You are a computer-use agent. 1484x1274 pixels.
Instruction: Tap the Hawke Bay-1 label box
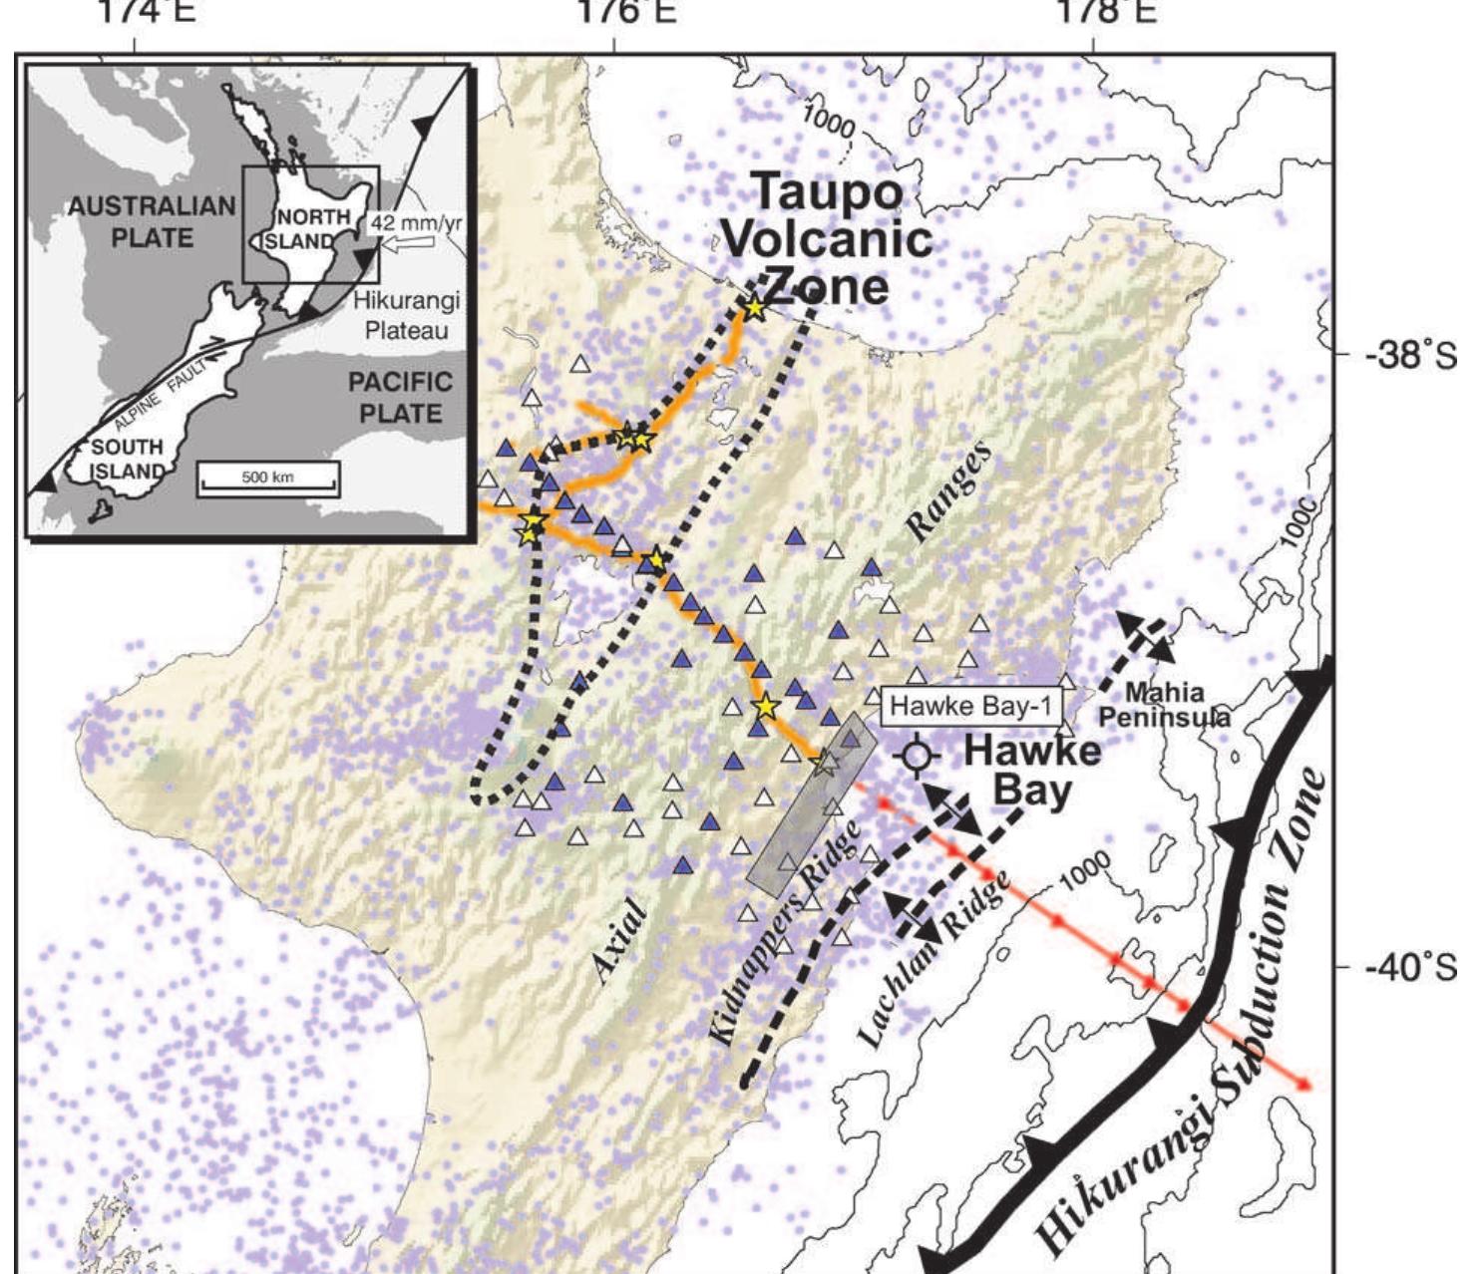pyautogui.click(x=969, y=706)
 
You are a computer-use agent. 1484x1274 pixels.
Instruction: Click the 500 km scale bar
pyautogui.click(x=268, y=479)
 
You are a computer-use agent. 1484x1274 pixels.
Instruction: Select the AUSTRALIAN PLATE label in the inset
pyautogui.click(x=152, y=222)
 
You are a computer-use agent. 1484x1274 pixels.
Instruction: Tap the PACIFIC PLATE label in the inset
pyautogui.click(x=400, y=397)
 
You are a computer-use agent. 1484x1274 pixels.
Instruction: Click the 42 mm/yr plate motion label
pyautogui.click(x=417, y=223)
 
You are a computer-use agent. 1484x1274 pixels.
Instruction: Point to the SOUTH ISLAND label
pyautogui.click(x=127, y=459)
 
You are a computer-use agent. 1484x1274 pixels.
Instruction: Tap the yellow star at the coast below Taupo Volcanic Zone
pyautogui.click(x=754, y=309)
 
